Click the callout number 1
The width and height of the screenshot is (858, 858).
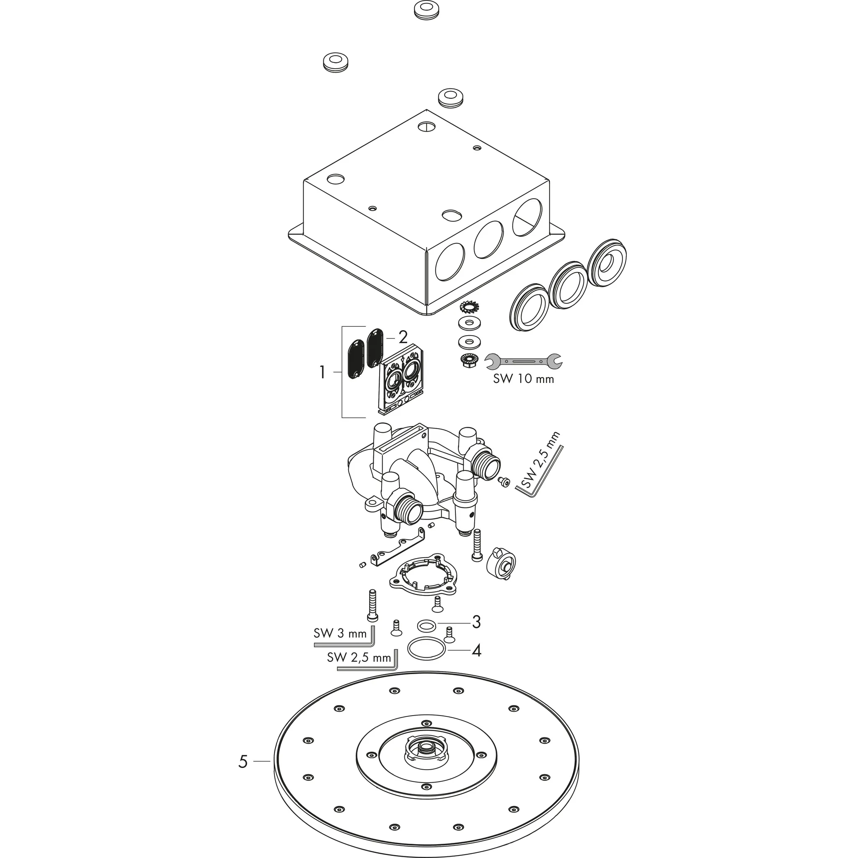(x=323, y=372)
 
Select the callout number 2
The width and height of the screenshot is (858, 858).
(x=403, y=338)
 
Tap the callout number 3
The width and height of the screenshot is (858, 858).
(x=476, y=622)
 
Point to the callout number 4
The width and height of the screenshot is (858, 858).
(x=476, y=651)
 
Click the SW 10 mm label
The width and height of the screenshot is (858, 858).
(x=524, y=379)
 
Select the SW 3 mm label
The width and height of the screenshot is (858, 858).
(x=341, y=633)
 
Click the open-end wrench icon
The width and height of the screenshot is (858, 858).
(x=523, y=361)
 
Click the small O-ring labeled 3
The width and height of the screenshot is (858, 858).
(x=426, y=626)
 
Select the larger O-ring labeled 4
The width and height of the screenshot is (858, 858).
(x=426, y=650)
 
